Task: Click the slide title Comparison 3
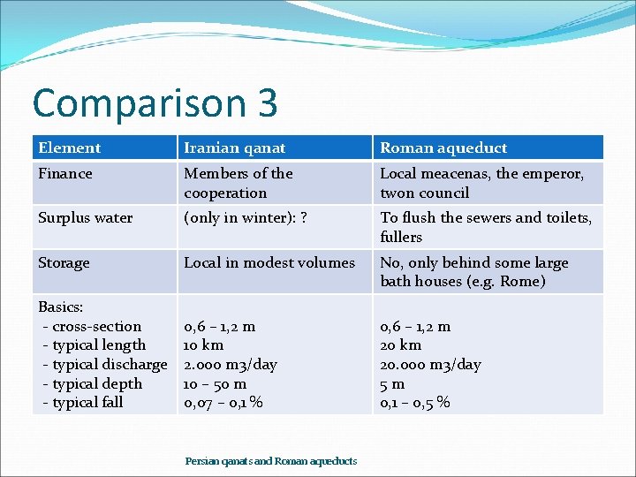click(x=155, y=103)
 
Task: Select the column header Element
click(x=70, y=148)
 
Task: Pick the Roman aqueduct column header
click(x=443, y=148)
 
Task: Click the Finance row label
click(x=65, y=174)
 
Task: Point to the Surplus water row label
click(x=86, y=218)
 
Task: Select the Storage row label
click(x=64, y=263)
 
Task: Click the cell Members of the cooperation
click(x=238, y=183)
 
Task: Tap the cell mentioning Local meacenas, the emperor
click(x=481, y=183)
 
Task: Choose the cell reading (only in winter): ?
click(x=245, y=218)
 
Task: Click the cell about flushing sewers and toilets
click(x=486, y=227)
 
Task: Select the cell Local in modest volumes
click(x=269, y=263)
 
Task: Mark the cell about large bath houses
click(x=474, y=272)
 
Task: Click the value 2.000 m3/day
click(x=230, y=365)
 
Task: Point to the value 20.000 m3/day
click(x=430, y=365)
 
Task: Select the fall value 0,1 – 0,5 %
click(x=415, y=403)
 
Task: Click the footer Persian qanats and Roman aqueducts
click(x=271, y=461)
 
